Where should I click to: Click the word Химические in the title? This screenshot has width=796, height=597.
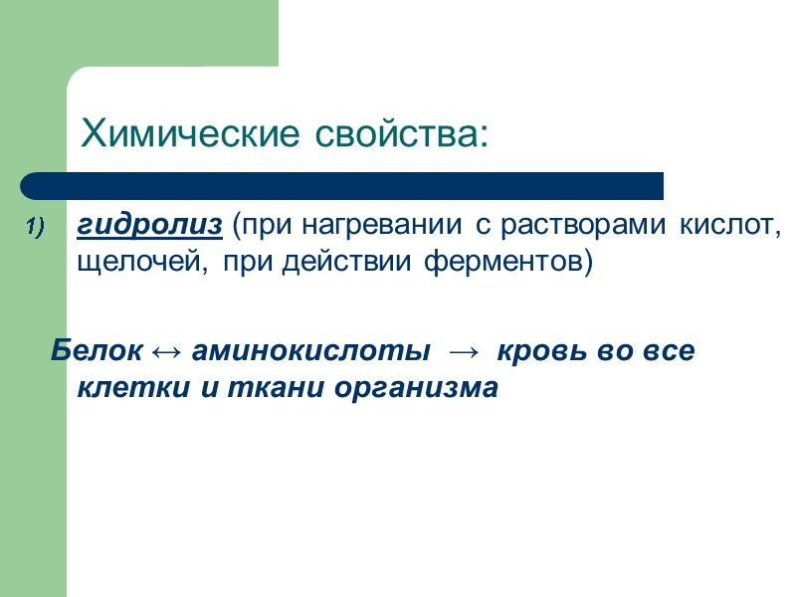[x=188, y=132]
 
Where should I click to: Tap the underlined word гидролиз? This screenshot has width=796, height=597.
[x=149, y=228]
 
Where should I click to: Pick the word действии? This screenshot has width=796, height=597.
[x=372, y=264]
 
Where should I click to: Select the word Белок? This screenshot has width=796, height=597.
[x=98, y=350]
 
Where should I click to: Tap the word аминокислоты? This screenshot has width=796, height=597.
[x=310, y=350]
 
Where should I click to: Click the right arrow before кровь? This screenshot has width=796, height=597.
[x=464, y=351]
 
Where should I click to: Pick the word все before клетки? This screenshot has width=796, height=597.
[x=666, y=350]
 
